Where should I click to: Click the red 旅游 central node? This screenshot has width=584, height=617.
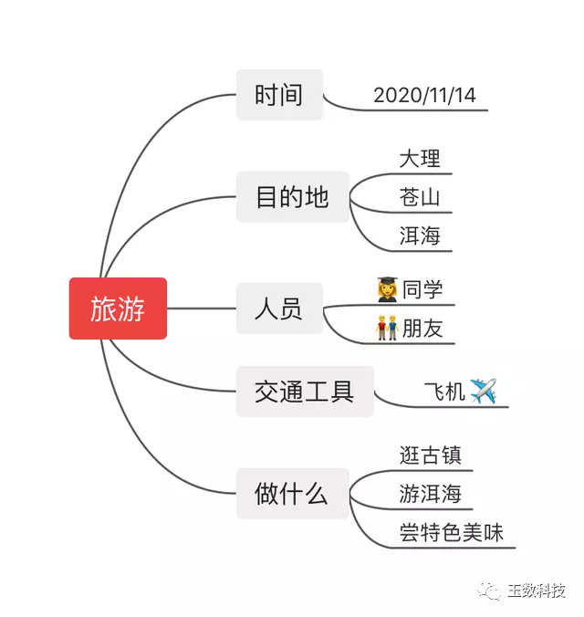click(118, 308)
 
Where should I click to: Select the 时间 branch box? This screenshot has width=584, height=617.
click(279, 95)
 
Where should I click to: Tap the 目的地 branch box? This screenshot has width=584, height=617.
click(292, 196)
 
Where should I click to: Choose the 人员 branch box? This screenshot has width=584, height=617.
click(279, 308)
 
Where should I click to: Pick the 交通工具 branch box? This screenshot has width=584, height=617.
click(305, 392)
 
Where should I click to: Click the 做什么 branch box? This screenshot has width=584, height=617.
click(292, 494)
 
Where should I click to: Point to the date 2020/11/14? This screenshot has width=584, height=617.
click(424, 95)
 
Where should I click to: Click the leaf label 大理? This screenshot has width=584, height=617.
click(420, 159)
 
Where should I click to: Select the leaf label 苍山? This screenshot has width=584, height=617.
click(420, 197)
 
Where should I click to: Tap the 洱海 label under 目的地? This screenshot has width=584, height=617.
click(420, 235)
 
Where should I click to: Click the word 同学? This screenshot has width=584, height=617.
click(422, 289)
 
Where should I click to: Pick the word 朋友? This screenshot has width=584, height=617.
click(422, 329)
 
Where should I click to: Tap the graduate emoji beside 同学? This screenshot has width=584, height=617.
click(387, 290)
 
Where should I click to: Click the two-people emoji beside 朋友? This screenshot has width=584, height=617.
click(387, 329)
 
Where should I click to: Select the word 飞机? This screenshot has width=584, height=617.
click(444, 392)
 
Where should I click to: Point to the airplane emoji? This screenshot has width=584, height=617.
click(484, 392)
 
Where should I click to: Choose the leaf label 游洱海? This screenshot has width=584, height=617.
click(431, 494)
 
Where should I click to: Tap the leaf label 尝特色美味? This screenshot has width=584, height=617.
click(452, 532)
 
